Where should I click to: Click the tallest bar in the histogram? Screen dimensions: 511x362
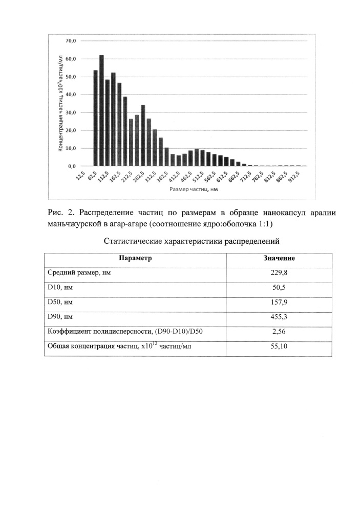[x=101, y=110]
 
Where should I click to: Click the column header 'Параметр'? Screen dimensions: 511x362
[x=135, y=258]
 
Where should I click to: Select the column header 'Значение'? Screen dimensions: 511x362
[x=279, y=258]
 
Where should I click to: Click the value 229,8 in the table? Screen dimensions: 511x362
[x=279, y=273]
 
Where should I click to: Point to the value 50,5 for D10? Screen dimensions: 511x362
[x=279, y=288]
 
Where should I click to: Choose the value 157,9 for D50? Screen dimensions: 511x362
[x=279, y=303]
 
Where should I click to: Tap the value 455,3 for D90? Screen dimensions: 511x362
[x=279, y=317]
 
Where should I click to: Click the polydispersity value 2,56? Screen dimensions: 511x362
[x=279, y=332]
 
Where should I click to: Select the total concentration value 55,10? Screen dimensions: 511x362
[x=279, y=347]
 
